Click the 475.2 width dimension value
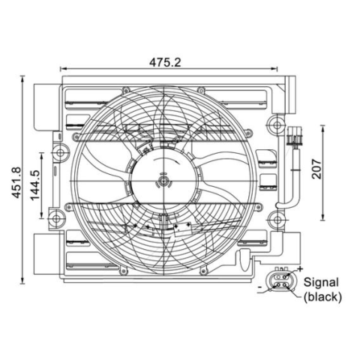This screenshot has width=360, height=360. point(165,62)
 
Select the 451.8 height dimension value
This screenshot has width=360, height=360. point(17,182)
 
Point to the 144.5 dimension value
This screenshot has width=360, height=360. point(35,185)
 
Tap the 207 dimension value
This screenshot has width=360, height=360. point(316,169)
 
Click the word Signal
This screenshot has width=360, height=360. point(321,283)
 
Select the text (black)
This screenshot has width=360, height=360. point(322,297)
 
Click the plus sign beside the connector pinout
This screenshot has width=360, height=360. point(300,269)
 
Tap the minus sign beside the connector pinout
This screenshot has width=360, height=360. point(259,287)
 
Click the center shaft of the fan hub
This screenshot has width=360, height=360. point(163,181)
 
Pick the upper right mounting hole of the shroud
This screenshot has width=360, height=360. point(277,124)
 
